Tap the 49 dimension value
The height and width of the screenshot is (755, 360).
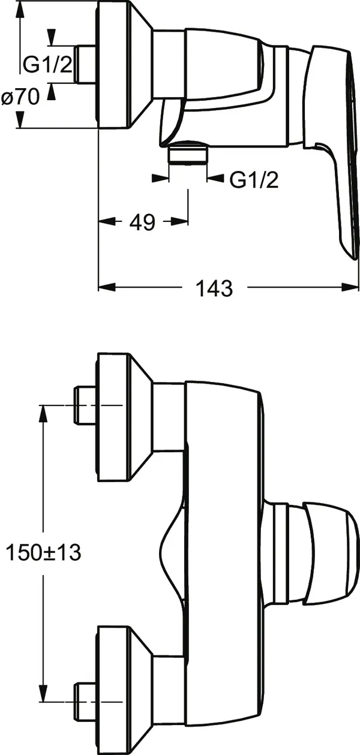tap(143, 222)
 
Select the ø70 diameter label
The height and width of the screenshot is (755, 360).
tap(20, 97)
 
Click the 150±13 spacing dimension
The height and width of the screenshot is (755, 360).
tap(44, 553)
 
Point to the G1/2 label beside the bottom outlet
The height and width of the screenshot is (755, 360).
tap(254, 181)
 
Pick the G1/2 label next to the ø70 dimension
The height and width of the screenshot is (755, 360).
tap(47, 64)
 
